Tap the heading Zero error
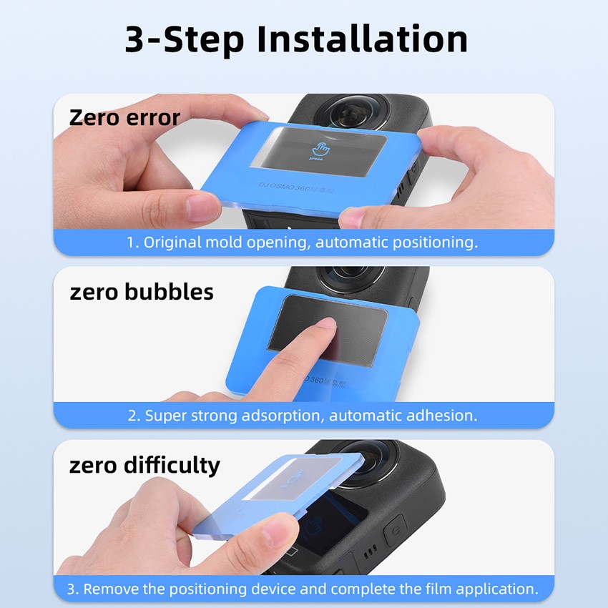coord(124,117)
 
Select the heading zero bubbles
coord(141,292)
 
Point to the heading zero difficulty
coord(144,466)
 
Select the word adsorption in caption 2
coord(282,415)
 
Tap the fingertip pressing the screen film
coord(326,326)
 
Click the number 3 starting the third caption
coord(71,589)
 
